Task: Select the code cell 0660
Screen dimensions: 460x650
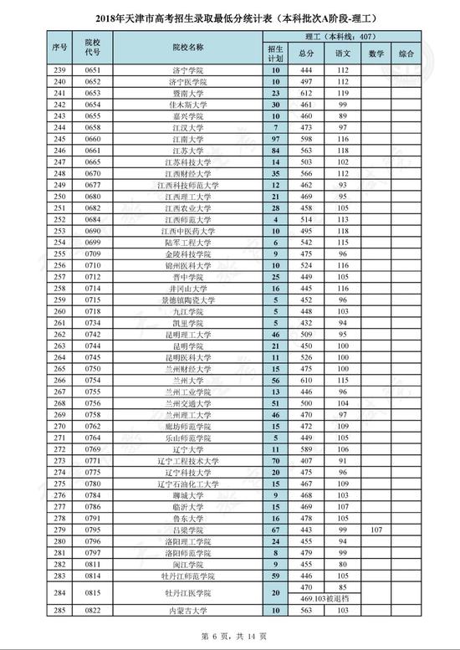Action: [x=92, y=138]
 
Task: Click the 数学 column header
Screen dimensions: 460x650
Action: [x=376, y=54]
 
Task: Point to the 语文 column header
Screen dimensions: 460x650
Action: [x=342, y=54]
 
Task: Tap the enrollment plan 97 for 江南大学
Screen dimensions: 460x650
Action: [x=275, y=138]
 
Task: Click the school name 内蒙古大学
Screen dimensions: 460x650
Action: [x=183, y=634]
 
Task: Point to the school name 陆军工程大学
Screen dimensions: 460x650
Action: [x=183, y=241]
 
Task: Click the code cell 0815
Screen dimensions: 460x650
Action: [x=92, y=617]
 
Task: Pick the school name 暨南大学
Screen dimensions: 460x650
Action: [x=183, y=93]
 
